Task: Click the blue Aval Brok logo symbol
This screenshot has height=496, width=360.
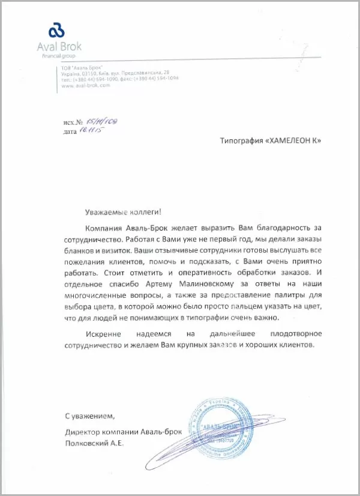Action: (x=56, y=29)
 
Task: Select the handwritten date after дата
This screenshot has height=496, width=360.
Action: (x=88, y=130)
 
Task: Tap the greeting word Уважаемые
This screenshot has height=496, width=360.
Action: (x=104, y=212)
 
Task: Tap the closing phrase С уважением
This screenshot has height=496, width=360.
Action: (x=89, y=416)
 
